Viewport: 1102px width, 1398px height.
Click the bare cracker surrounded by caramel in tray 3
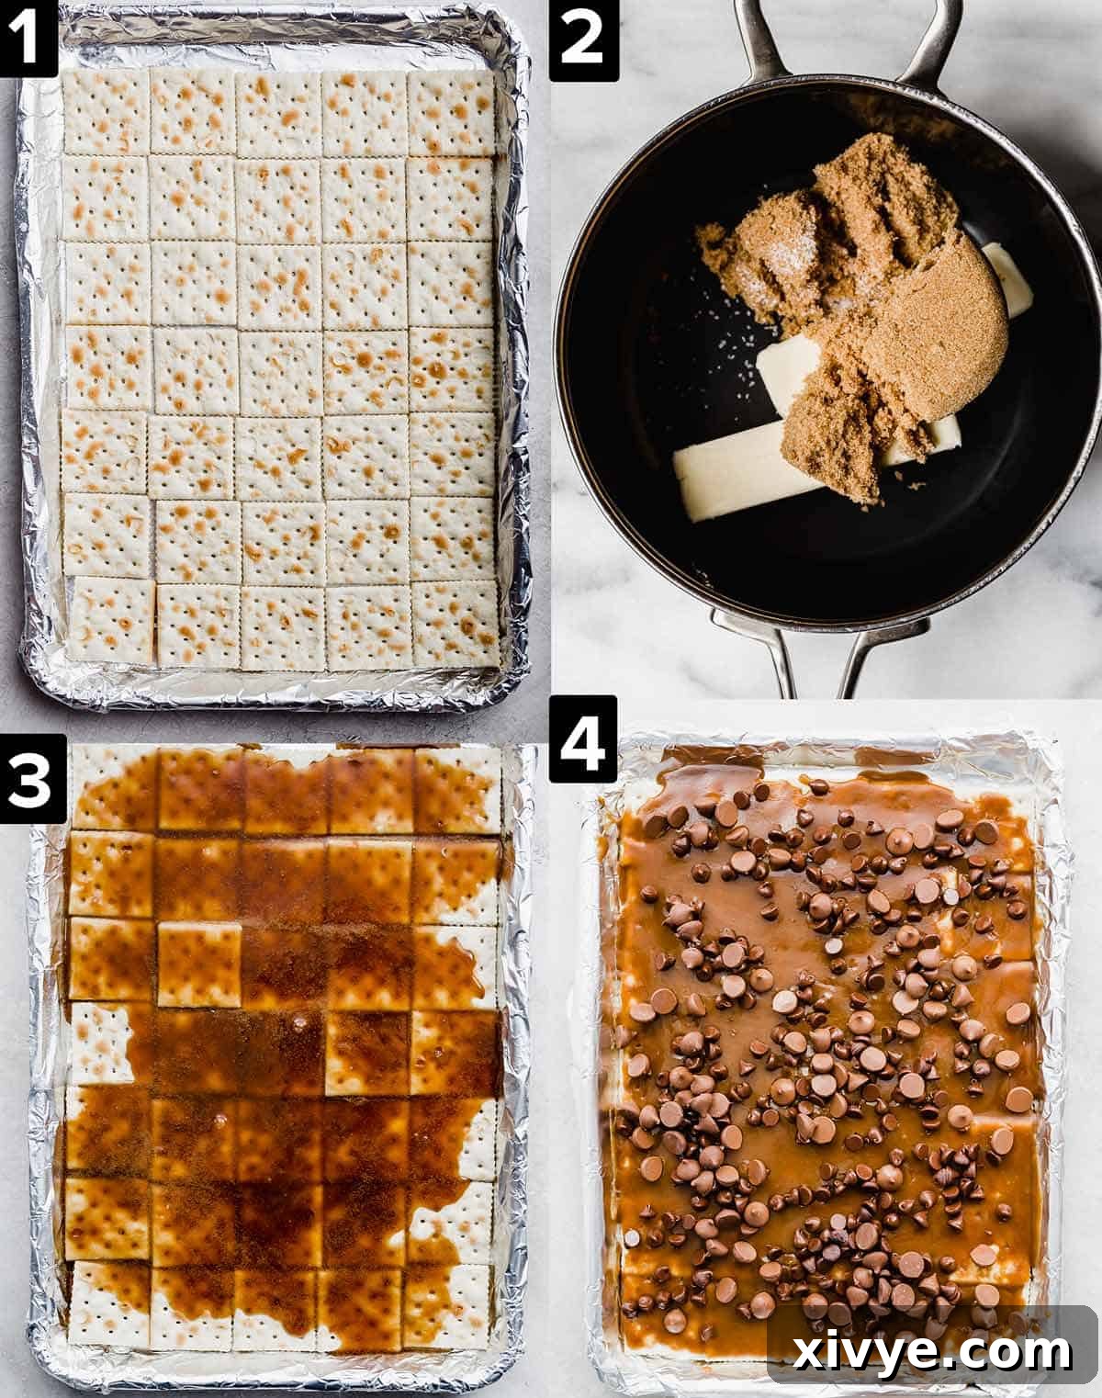click(199, 964)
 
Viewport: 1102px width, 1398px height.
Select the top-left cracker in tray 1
click(106, 111)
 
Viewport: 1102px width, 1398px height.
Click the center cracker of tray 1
click(279, 368)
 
